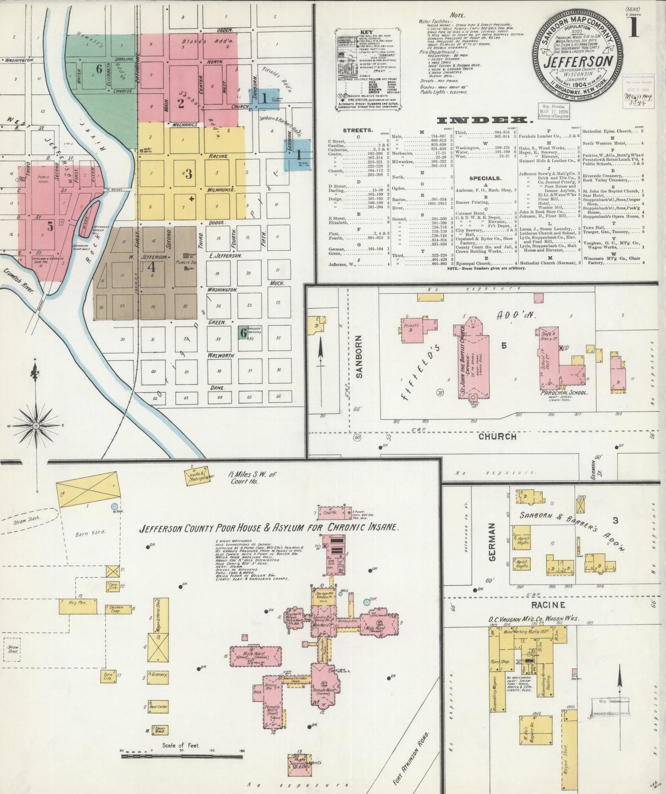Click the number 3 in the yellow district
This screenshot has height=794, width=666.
coord(188,174)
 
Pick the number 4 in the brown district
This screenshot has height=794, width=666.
coord(151,267)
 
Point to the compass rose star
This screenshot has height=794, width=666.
coord(36,426)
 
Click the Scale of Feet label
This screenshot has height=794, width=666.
coord(180,745)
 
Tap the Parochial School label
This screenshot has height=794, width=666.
coord(564,393)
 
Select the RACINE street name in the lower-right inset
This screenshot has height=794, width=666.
coord(548,605)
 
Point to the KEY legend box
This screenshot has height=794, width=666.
coord(366,70)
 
